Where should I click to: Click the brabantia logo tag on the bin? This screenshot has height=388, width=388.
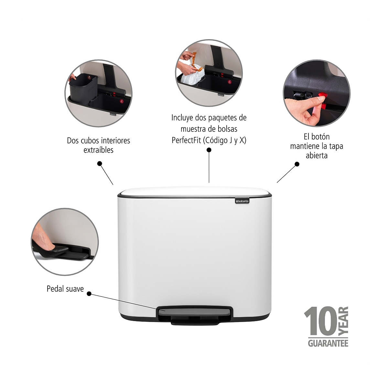[242, 201]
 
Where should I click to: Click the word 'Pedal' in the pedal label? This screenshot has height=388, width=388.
[54, 289]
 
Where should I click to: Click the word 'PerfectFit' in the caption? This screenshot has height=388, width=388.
[186, 140]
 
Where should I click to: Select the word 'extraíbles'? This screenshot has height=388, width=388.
[99, 150]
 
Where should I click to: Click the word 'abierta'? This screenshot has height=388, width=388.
[317, 156]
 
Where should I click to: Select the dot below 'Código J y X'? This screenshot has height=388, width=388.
[209, 150]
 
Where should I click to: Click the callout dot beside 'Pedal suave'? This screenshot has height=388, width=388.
[89, 294]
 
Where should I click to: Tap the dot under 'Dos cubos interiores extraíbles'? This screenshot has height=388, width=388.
[100, 164]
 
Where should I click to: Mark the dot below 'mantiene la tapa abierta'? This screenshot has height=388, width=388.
[297, 164]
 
